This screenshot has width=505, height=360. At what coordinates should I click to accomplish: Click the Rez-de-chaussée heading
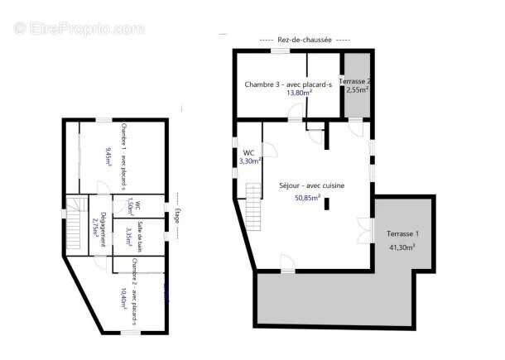[x=305, y=39]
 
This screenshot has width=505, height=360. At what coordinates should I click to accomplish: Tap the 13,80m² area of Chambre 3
[x=299, y=94]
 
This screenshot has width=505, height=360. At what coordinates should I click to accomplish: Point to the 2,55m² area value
[x=358, y=90]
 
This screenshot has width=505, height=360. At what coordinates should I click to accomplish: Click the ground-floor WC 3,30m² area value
[x=250, y=161]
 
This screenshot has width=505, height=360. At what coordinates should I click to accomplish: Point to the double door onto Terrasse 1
[x=365, y=227]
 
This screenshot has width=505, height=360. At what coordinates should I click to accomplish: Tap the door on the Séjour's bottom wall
[x=286, y=265]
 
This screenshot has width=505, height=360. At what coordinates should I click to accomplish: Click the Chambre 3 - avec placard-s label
[x=287, y=84]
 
